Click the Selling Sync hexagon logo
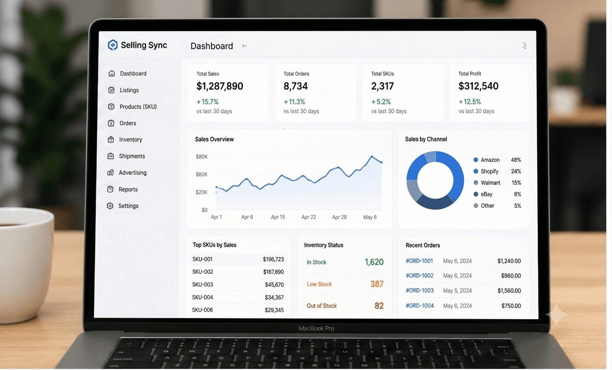tap(112, 45)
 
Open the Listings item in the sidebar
tap(129, 90)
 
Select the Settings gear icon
tap(110, 206)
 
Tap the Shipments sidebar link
tap(132, 156)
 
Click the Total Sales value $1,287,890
tap(220, 86)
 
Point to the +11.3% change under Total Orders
tap(294, 102)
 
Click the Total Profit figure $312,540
tap(478, 86)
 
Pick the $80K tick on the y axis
tap(202, 157)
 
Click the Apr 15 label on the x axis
tap(278, 217)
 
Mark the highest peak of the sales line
tap(372, 156)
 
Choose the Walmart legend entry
tap(490, 183)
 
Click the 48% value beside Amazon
tap(516, 160)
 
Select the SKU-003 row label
tap(203, 284)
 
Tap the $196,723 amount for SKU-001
tap(273, 259)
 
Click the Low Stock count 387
tap(377, 284)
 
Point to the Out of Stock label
tap(321, 306)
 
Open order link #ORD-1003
tap(420, 290)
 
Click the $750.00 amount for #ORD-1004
tap(511, 306)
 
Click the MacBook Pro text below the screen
tap(316, 328)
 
